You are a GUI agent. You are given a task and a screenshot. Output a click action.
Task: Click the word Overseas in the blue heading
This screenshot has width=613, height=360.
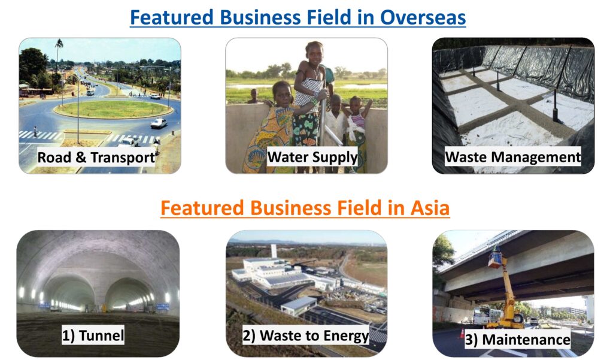(423, 17)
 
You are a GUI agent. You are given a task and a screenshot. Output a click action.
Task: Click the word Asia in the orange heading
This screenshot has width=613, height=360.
(430, 207)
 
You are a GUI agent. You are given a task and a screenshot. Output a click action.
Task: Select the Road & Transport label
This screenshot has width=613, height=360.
(96, 158)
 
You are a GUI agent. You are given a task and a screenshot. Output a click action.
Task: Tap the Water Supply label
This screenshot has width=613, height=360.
(312, 157)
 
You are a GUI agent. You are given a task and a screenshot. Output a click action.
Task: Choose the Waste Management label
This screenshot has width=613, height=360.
(513, 156)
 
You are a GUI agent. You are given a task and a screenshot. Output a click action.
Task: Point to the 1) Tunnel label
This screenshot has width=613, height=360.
(93, 335)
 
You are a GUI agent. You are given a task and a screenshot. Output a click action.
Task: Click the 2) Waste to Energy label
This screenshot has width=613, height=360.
(306, 335)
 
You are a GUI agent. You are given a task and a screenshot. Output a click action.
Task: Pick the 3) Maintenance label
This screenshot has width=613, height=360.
(517, 339)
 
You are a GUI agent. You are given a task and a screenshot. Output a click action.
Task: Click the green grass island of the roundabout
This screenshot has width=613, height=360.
(113, 109)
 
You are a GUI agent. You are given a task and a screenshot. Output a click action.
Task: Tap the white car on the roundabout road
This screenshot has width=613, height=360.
(159, 123)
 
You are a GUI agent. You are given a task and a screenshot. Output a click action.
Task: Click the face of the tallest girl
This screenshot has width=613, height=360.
(315, 52)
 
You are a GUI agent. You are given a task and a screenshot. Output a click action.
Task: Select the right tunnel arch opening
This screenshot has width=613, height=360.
(128, 294)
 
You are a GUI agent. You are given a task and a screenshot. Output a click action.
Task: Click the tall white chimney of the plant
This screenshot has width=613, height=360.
(274, 251)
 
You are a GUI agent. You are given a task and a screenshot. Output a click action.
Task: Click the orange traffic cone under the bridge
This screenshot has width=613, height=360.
(463, 334)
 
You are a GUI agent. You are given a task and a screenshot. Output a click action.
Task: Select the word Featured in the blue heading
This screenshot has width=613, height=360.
(172, 17)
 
